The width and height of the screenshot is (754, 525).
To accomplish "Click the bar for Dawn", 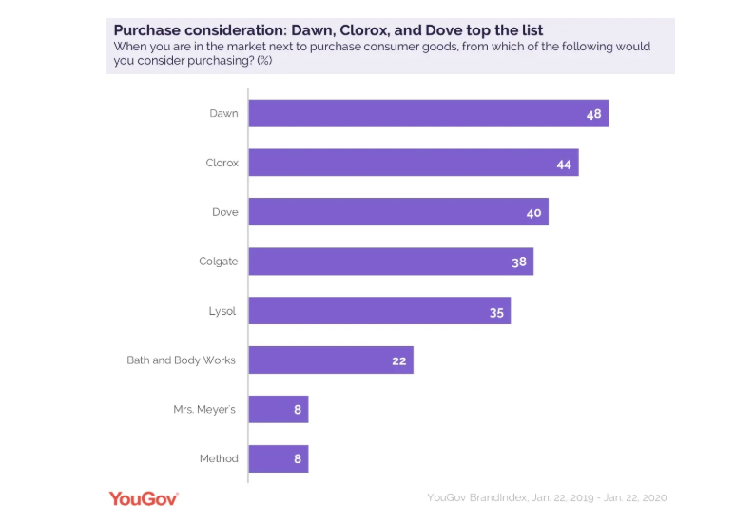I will (428, 113).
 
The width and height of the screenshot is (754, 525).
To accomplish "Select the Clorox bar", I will (414, 163).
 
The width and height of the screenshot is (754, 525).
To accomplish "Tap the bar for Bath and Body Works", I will (331, 360).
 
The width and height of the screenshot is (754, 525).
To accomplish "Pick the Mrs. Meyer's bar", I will (279, 410).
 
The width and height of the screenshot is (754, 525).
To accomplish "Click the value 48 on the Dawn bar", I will (593, 113).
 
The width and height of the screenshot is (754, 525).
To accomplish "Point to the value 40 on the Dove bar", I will (533, 212).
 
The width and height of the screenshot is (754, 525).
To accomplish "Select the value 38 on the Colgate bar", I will (518, 262).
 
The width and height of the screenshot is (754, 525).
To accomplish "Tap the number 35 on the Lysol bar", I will (496, 311).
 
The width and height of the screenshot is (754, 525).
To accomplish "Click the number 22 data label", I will (398, 360).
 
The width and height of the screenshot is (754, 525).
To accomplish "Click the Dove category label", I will (224, 212).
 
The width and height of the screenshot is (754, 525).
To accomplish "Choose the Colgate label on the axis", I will (218, 262).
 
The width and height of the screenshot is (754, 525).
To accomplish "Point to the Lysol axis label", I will (222, 311).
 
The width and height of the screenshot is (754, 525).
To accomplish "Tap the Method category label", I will (218, 459).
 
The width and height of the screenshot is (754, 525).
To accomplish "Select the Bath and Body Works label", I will (181, 360).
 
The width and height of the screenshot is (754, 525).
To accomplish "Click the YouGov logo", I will (144, 497).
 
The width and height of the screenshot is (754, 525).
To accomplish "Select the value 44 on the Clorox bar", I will (564, 163).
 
